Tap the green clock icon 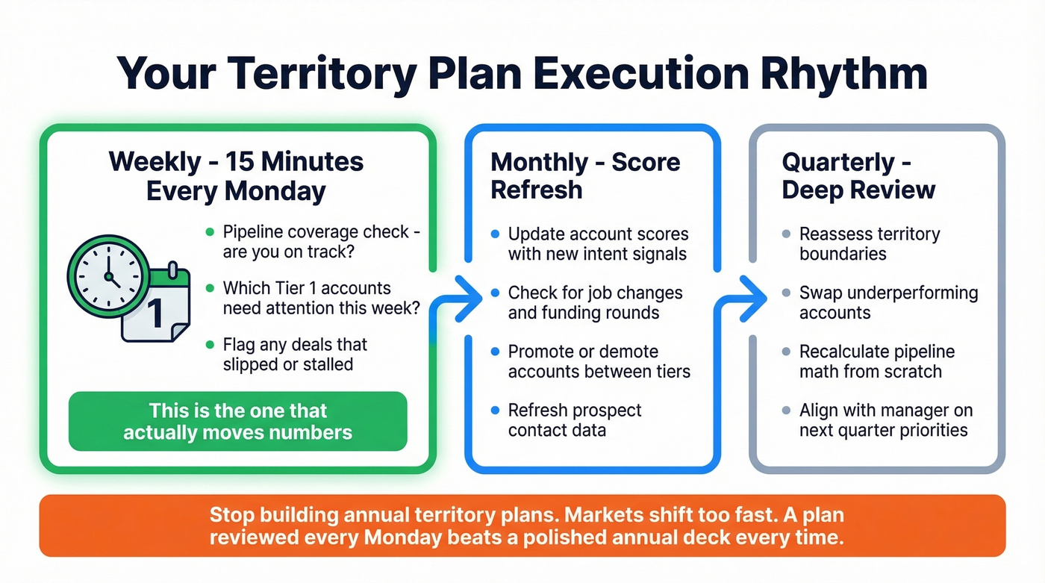point(106,277)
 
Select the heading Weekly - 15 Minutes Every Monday point(236,176)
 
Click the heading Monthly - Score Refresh point(585,175)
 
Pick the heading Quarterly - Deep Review point(858,175)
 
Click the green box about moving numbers point(237,421)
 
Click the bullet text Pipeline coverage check point(321,242)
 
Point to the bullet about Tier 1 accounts point(321,298)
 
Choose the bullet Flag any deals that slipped point(296,355)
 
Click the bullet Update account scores point(598,244)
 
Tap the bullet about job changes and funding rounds point(595,302)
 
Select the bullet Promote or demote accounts point(599,361)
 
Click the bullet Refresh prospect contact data point(575,420)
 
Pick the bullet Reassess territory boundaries point(870,244)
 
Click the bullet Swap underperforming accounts point(888,302)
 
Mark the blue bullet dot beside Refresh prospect point(495,411)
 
